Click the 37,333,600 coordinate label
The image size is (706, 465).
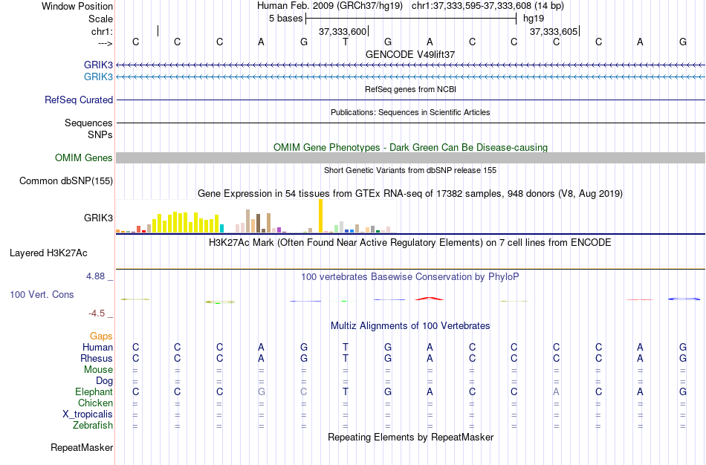point(343,31)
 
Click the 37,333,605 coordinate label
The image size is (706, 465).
point(554,31)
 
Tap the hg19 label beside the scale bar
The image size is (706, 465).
point(533,18)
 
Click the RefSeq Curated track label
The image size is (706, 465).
point(79,100)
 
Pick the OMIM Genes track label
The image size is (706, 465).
point(84,157)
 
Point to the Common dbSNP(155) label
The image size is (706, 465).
point(66,181)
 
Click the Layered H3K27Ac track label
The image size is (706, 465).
point(48,253)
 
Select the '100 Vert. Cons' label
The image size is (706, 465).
point(42,294)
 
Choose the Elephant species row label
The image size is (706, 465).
point(94,391)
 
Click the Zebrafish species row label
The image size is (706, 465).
point(93,426)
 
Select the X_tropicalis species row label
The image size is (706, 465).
point(88,414)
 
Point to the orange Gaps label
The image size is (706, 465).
point(101,336)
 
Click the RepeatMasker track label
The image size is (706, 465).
point(82,448)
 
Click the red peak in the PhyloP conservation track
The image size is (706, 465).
point(430,299)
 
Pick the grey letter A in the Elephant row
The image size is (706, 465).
point(556,391)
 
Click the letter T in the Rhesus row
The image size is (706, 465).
point(346,358)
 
